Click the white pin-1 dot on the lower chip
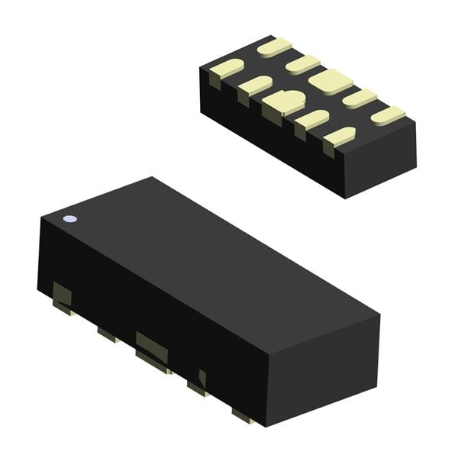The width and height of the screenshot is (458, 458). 69,219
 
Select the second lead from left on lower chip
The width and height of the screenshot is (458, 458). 105,333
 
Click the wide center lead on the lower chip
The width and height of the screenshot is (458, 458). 151,347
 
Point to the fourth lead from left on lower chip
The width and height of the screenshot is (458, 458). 198,384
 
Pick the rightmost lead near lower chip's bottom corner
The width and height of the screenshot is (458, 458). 244,416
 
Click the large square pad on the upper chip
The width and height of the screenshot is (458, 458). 330,81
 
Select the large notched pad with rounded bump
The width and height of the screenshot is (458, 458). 283,103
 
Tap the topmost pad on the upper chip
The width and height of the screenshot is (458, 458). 274,47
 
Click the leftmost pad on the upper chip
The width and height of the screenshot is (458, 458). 227,69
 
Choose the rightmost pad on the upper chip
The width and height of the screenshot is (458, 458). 388,115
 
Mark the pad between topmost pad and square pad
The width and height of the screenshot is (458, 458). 302,64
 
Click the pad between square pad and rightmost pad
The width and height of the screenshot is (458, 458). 359,98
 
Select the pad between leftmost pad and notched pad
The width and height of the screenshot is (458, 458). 255,85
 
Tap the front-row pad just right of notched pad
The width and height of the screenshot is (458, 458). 311,119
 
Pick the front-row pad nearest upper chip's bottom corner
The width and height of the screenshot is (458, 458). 339,137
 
